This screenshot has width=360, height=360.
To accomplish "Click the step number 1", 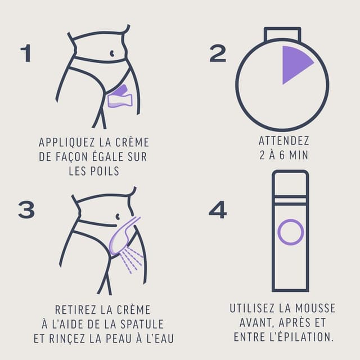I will pos(25,53).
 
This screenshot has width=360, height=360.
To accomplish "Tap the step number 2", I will pos(217,53).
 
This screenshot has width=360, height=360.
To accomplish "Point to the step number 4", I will pos(217,210).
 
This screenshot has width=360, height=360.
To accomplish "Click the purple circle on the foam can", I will pos(290,232).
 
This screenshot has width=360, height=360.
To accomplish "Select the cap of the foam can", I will pos(290,182).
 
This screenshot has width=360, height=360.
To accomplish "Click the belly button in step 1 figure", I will pos(115,54).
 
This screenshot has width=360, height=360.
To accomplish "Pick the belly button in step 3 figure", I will pos(118,217).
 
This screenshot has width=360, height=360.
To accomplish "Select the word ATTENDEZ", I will pos(283,141).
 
